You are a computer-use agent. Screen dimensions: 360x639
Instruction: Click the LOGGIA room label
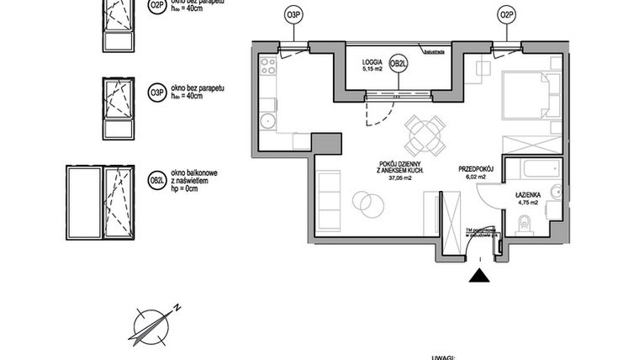373,61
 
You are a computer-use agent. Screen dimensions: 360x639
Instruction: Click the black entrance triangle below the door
478,276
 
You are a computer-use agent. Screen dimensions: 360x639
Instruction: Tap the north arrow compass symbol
151,324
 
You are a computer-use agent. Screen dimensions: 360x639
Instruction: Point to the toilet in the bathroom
525,224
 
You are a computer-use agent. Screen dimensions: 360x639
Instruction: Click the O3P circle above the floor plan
293,15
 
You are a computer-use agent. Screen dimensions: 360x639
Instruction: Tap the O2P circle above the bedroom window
505,15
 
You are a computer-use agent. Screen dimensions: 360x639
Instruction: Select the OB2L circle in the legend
156,180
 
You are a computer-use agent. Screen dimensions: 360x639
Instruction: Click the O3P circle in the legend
156,93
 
